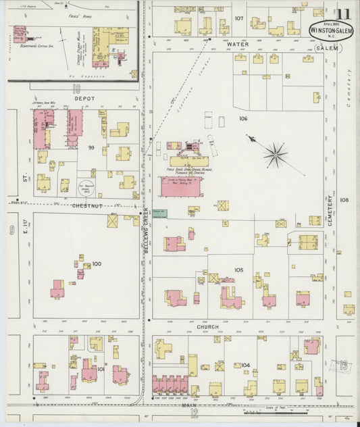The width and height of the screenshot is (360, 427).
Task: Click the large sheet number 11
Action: pos(344,13)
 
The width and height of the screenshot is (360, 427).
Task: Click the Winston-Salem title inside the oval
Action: pos(330,30)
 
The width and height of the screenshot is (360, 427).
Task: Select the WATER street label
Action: pos(238,43)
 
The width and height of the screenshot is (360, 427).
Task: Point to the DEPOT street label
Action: pos(84,99)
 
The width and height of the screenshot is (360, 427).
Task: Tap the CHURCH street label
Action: pos(207,327)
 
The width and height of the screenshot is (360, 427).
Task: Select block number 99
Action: pos(90,147)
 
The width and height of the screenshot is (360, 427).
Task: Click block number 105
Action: pos(238,270)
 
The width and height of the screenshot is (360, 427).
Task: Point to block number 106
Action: pos(242,118)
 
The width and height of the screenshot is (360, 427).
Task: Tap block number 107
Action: pos(238,18)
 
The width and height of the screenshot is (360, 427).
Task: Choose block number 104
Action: pos(245,365)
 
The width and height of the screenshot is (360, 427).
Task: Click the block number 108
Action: pos(344,200)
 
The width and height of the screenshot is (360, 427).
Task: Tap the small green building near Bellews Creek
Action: pos(159,214)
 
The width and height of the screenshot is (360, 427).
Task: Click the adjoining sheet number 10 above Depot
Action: pos(76,88)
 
